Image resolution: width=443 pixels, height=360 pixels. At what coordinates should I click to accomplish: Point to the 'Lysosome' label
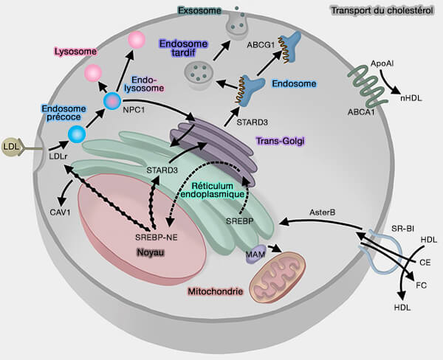coord(76,51)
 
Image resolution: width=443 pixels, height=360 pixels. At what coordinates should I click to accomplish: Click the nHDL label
coord(412,97)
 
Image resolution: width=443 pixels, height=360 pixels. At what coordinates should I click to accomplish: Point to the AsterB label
coord(322,212)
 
